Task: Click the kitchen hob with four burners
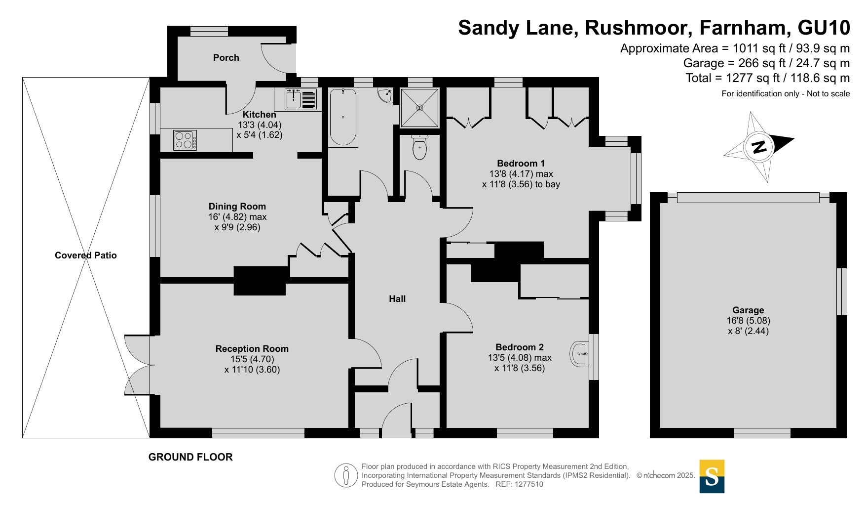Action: tap(185, 140)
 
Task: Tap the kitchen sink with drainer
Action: tap(301, 99)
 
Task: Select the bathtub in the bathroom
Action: tap(343, 117)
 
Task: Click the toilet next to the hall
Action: tap(419, 147)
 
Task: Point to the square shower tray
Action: tap(419, 108)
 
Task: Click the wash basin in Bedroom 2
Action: tap(580, 354)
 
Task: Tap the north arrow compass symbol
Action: tap(759, 147)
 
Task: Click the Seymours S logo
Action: tap(712, 476)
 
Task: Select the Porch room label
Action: tap(226, 58)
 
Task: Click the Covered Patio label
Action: tap(86, 255)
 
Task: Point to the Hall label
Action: tap(397, 299)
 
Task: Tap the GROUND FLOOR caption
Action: tap(190, 457)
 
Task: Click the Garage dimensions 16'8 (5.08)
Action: tap(748, 321)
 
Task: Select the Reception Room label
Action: tap(252, 349)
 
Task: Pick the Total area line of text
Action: tap(767, 78)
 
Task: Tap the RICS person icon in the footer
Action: tap(346, 476)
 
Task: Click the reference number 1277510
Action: tap(528, 485)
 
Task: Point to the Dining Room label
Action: tap(237, 207)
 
